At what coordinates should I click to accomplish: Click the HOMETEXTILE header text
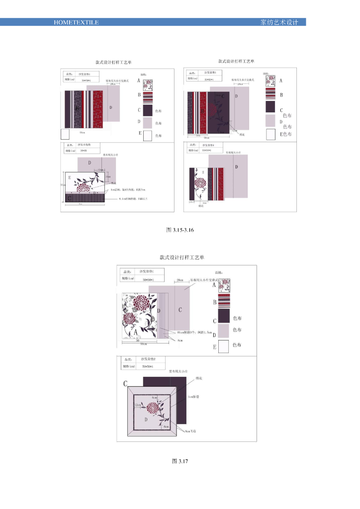[x=76, y=22]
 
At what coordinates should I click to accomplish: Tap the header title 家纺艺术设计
[x=278, y=22]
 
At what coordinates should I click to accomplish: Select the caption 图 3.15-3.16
[x=180, y=230]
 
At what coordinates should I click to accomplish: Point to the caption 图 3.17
[x=180, y=461]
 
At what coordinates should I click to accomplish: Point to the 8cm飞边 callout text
[x=191, y=431]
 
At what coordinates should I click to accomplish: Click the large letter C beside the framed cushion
[x=126, y=383]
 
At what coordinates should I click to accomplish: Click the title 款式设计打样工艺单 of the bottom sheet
[x=181, y=257]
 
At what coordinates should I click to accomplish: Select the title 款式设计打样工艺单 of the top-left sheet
[x=113, y=63]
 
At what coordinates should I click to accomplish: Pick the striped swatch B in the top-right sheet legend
[x=270, y=94]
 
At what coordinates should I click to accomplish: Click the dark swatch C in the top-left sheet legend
[x=148, y=109]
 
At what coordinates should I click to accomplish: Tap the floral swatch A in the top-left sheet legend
[x=148, y=84]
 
